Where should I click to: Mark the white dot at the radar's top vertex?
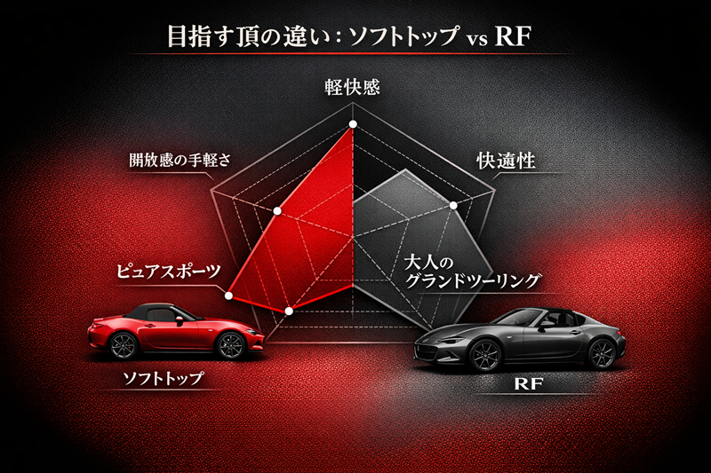(353, 123)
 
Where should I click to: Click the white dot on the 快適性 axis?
(454, 206)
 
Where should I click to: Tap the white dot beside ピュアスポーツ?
(230, 296)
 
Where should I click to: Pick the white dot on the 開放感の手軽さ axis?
(278, 211)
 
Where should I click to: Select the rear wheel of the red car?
(124, 345)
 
